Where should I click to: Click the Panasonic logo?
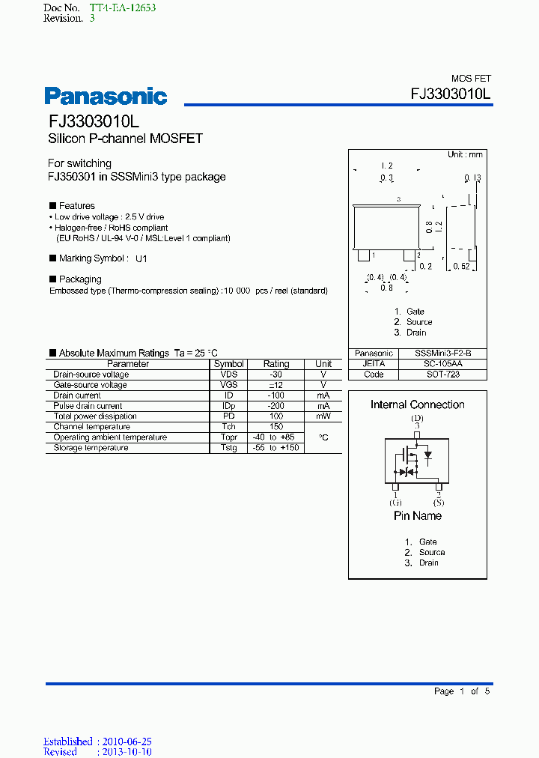(x=106, y=96)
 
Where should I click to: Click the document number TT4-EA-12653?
(x=123, y=7)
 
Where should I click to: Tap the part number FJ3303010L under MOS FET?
(x=451, y=94)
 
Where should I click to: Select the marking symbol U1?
(x=141, y=258)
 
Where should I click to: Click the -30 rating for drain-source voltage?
(x=275, y=375)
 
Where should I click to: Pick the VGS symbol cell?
(x=228, y=385)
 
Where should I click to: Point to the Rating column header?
(x=275, y=364)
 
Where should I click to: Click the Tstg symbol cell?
(x=228, y=448)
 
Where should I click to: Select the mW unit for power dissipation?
(x=323, y=416)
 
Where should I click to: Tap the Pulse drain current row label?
(x=88, y=406)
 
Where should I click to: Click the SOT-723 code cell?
(x=444, y=375)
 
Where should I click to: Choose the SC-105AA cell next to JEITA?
(x=444, y=364)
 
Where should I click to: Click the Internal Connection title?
(x=418, y=404)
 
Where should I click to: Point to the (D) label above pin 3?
(x=418, y=417)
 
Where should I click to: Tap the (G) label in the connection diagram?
(x=395, y=503)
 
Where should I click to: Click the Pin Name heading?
(x=418, y=516)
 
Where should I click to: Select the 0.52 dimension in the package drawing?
(x=462, y=267)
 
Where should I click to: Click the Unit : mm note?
(x=465, y=154)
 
